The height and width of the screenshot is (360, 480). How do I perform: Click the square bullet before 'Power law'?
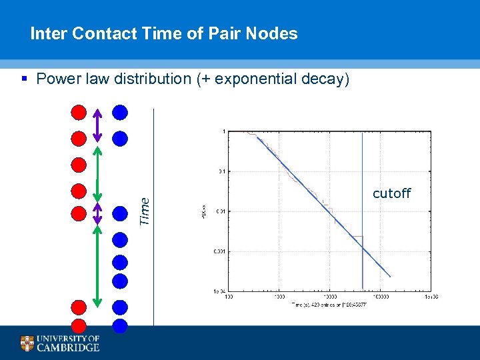25,79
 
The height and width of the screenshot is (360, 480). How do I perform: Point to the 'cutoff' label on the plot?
391,193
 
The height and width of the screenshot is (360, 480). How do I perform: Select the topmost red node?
79,112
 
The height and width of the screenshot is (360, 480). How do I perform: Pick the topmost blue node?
120,112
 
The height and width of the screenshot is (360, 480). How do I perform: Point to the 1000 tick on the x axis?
279,296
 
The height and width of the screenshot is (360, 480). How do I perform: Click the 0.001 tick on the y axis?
218,252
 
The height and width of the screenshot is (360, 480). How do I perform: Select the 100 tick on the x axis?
228,296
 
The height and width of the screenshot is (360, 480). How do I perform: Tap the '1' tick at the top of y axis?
223,131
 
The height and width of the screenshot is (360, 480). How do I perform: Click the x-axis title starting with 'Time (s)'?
330,305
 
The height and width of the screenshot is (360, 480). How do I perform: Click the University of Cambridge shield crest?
27,343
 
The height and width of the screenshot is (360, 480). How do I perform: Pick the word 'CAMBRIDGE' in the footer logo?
67,347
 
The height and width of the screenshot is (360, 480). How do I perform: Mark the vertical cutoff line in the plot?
362,200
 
